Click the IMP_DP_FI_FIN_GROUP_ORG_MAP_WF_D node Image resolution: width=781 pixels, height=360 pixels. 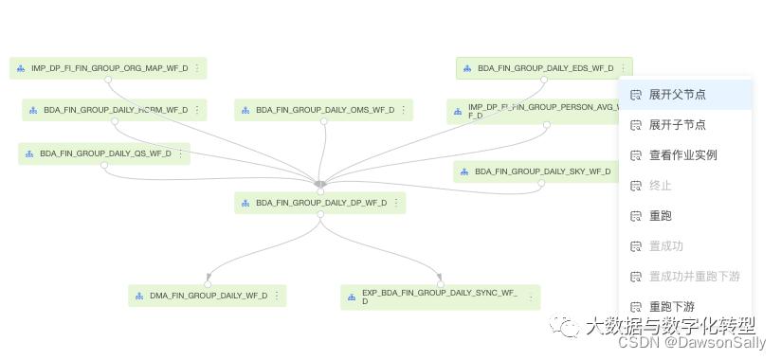coord(109,68)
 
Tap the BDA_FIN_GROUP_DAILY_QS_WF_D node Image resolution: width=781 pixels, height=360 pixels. coord(105,153)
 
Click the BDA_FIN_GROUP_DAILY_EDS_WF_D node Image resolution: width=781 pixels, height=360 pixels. coord(545,68)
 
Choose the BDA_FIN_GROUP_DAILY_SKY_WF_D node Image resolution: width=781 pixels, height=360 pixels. coord(542,171)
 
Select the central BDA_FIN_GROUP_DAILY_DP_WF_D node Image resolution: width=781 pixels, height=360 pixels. coord(320,203)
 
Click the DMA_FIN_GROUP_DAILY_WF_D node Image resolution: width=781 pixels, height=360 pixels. coord(208,296)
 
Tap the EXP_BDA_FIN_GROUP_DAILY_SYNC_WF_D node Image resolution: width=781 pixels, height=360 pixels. coord(440,297)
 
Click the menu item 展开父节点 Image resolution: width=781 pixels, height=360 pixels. coord(677,95)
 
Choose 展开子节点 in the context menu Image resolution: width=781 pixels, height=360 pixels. coord(677,125)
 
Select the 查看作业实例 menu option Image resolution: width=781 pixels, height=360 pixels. coord(682,155)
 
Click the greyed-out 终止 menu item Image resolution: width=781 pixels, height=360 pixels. coord(660,186)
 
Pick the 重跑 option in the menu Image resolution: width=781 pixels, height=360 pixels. coord(660,216)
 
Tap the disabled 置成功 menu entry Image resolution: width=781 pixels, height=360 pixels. coord(665,246)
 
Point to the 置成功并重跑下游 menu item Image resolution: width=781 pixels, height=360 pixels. coord(694,277)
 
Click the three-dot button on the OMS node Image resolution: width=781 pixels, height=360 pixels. coord(404,110)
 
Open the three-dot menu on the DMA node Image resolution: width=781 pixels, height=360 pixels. coord(277,296)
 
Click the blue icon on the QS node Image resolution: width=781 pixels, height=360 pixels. coord(29,153)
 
